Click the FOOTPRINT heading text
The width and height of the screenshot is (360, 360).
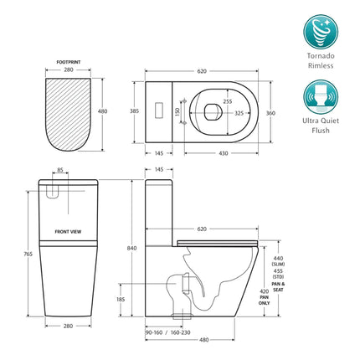point(68,62)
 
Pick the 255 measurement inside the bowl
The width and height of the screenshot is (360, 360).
point(228,100)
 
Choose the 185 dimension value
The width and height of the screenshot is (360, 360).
point(121,298)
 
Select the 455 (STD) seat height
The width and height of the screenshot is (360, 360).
point(278,277)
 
